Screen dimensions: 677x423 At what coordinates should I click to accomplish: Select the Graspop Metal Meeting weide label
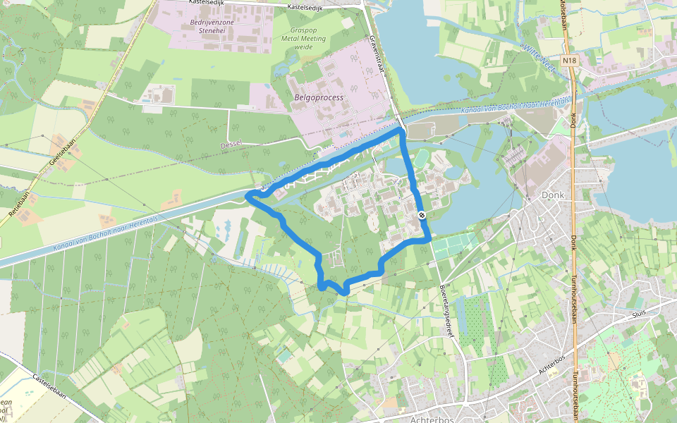pyautogui.click(x=308, y=38)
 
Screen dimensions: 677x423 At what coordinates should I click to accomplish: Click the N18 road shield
pyautogui.click(x=570, y=61)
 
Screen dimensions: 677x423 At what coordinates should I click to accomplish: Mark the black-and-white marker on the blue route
pyautogui.click(x=421, y=214)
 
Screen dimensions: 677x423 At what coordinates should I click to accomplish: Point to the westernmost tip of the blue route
pyautogui.click(x=248, y=195)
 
